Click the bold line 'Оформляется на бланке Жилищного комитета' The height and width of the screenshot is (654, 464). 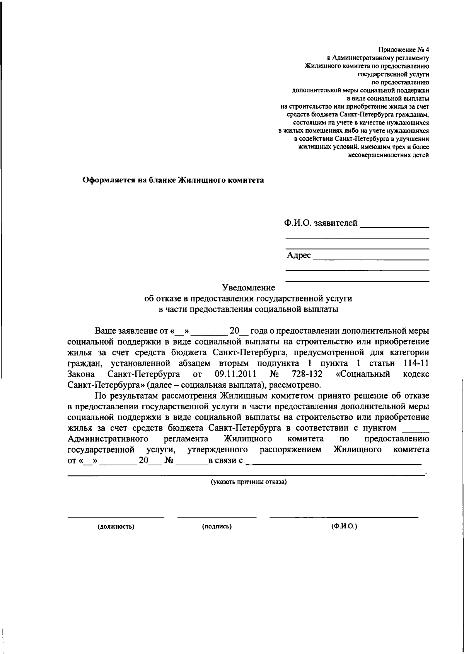(x=174, y=180)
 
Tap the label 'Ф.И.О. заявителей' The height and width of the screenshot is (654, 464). (x=321, y=223)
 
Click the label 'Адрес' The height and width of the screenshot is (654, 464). (x=299, y=255)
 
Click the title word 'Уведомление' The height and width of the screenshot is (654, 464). (x=248, y=288)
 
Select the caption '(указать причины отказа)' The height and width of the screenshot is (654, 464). (x=248, y=482)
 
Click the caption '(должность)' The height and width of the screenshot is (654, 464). (x=116, y=526)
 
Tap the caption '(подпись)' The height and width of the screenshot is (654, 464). (x=217, y=526)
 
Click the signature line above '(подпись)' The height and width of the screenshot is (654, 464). (x=217, y=516)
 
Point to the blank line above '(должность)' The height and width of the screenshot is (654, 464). (x=116, y=516)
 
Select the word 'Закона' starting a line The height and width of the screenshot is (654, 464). (x=80, y=374)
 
